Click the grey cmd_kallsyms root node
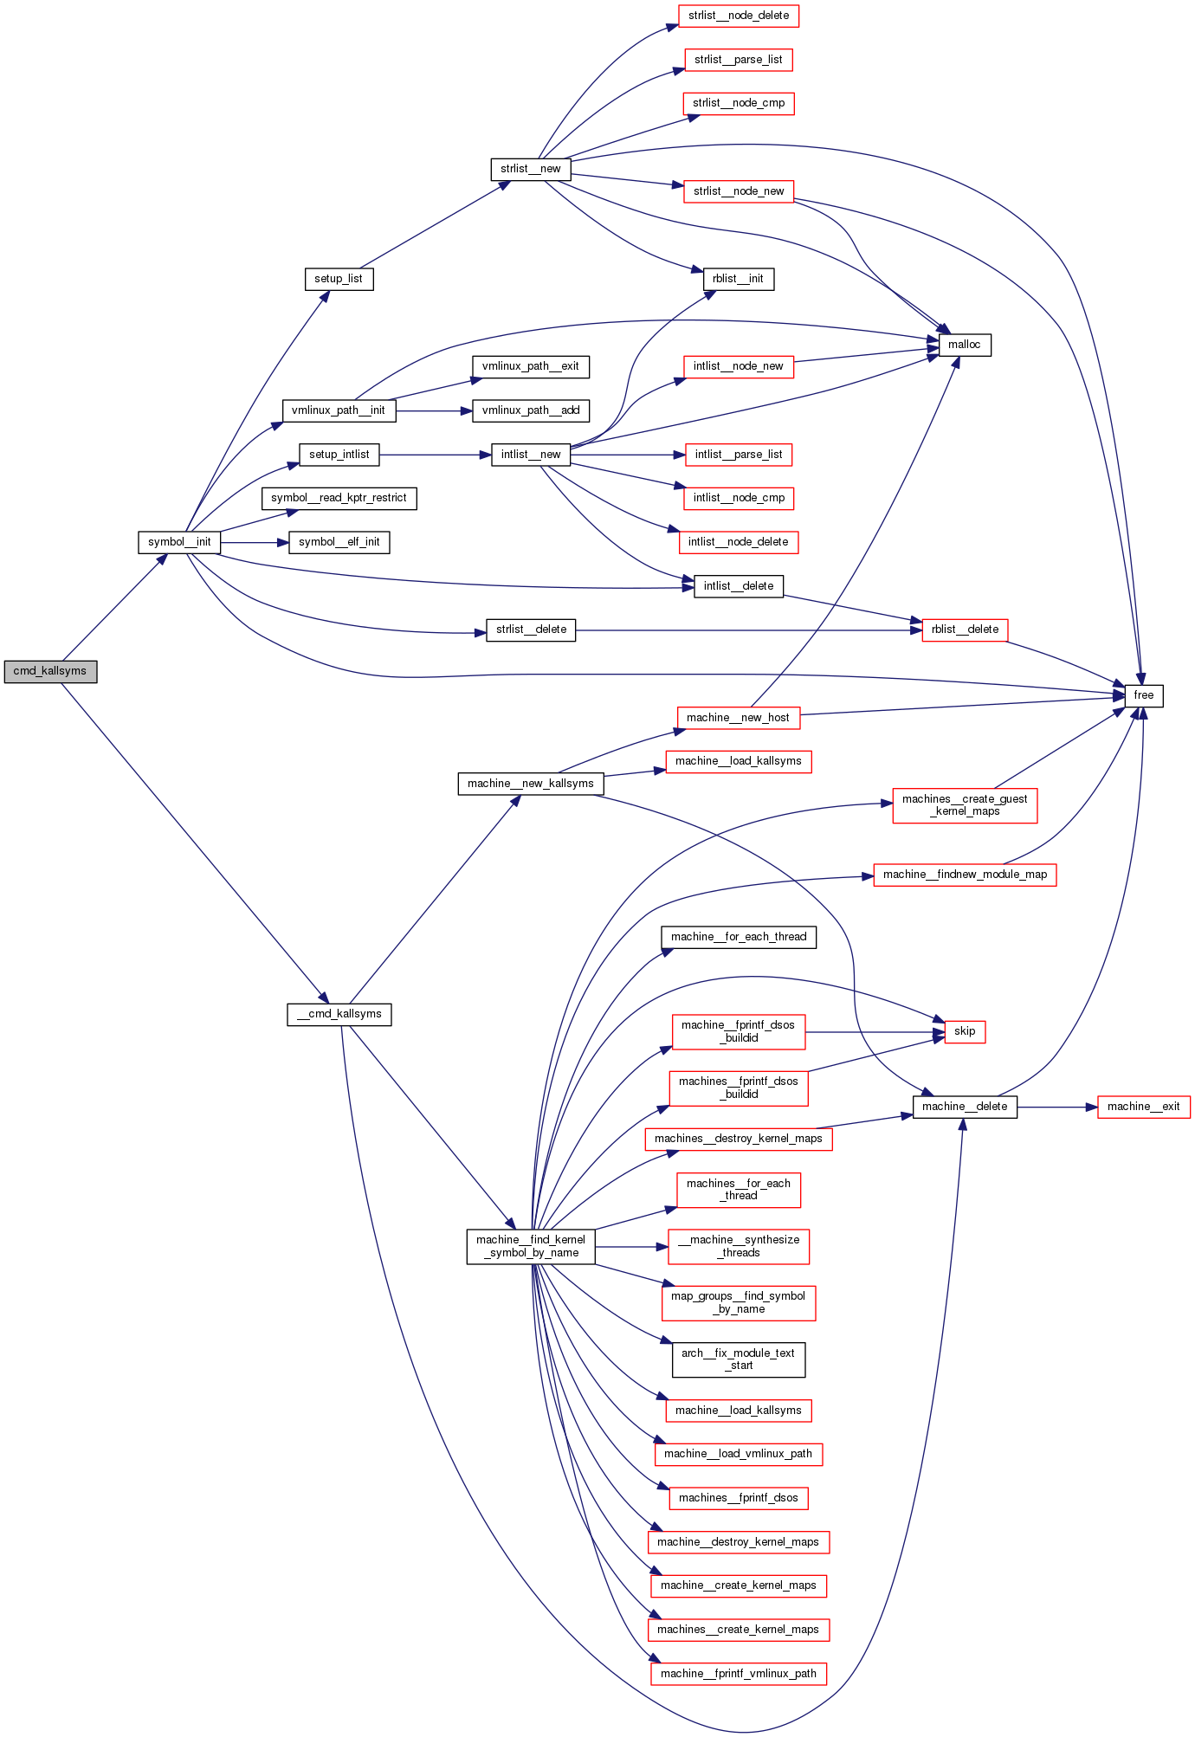[50, 671]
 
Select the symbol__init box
[179, 542]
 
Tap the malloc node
[964, 345]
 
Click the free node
[1143, 695]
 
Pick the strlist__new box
[530, 169]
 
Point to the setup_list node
[339, 279]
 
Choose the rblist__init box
[738, 279]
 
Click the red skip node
[965, 1031]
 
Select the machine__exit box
[1143, 1107]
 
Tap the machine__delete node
[965, 1107]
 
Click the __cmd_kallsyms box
[339, 1014]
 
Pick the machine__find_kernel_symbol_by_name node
[531, 1246]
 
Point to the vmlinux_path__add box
[531, 410]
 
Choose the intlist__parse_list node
[739, 455]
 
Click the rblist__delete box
[965, 630]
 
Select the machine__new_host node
[738, 718]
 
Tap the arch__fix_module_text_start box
[738, 1359]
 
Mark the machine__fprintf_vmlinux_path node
[738, 1674]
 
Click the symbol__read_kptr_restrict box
[339, 498]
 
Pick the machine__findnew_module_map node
[965, 875]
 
